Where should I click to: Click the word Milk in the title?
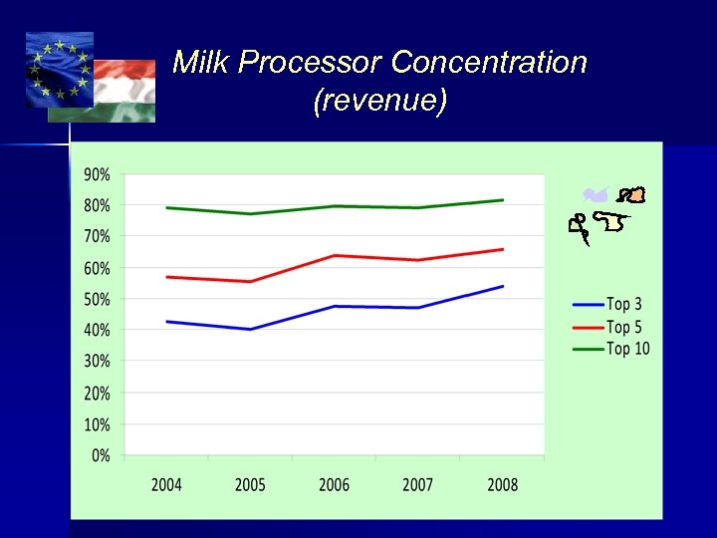202,63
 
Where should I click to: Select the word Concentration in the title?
488,63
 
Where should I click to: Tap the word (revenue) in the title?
379,101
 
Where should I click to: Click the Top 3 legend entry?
609,304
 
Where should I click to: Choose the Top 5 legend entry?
609,327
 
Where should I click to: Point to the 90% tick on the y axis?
97,174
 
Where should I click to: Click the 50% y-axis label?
97,299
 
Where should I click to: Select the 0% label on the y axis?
101,456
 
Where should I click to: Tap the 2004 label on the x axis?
166,485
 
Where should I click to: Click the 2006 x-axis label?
334,485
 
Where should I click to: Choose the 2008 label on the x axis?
502,485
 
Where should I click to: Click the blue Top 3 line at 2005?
250,329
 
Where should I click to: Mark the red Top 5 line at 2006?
335,255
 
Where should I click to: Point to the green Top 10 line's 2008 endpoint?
503,200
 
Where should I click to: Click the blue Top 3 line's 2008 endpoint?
503,286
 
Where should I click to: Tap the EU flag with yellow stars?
60,70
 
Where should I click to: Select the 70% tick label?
97,237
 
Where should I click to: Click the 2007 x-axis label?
417,485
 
